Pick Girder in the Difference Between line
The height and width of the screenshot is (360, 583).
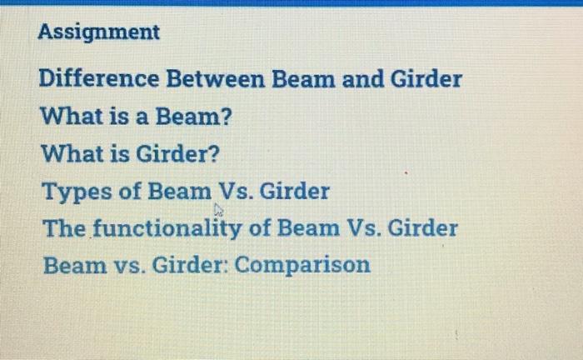coord(426,80)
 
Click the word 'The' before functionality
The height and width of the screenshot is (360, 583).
coord(60,227)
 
